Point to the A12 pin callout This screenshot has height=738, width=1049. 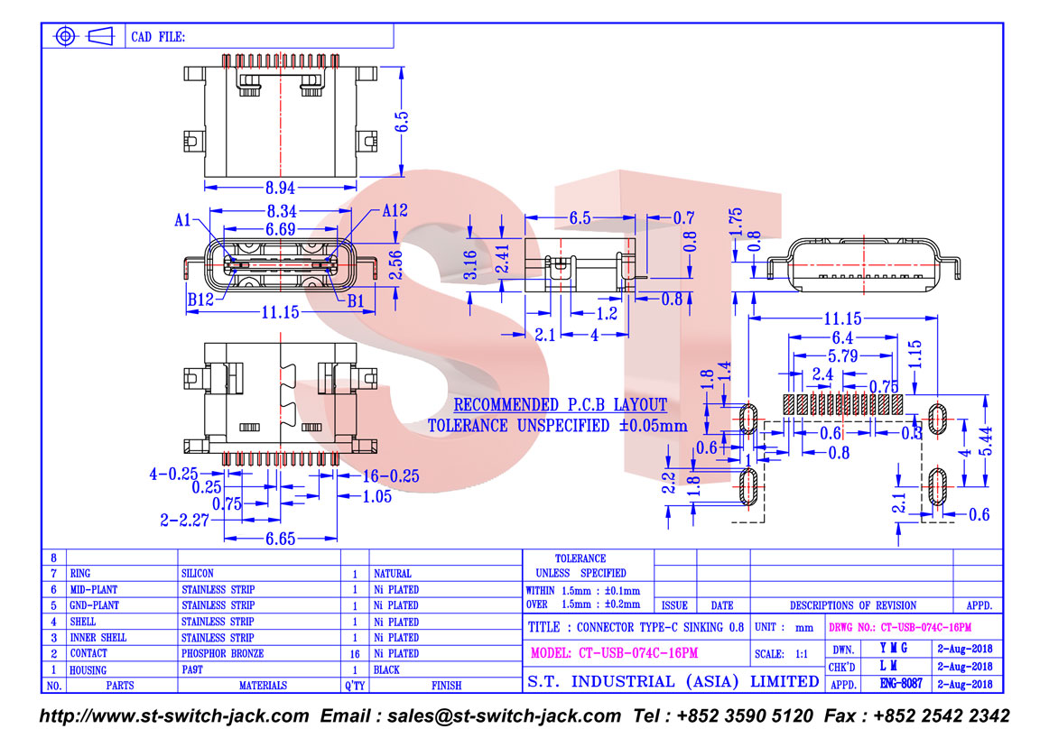(x=395, y=210)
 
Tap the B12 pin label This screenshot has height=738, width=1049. (x=200, y=299)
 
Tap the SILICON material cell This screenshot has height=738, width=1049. (x=198, y=573)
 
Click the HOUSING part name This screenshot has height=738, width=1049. (x=88, y=669)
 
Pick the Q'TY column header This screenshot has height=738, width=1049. (x=355, y=686)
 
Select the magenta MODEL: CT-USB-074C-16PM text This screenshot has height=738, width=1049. (x=614, y=653)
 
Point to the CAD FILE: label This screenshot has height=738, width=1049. (x=158, y=37)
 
